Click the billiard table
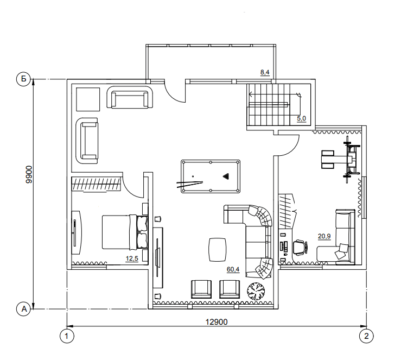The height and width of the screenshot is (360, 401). point(211,176)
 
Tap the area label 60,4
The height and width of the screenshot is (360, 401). point(233,269)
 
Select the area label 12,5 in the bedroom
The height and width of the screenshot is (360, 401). point(132,258)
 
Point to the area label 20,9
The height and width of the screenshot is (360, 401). point(324,236)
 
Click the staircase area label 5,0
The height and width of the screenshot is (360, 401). point(301,118)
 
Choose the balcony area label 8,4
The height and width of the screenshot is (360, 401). point(265,72)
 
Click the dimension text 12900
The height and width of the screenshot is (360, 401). point(217,321)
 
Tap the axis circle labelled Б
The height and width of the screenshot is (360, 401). point(23,79)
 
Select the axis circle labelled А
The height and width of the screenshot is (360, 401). point(23,309)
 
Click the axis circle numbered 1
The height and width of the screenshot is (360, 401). point(67,336)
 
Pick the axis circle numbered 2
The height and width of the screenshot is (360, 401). point(366,336)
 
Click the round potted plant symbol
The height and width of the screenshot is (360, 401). point(256,291)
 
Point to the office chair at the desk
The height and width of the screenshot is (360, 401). point(300,247)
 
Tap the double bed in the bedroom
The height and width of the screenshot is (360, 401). point(125,232)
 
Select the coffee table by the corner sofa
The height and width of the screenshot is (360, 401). point(218,249)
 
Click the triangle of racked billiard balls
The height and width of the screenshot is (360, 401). point(226,176)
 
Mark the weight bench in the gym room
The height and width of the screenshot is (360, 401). point(341,160)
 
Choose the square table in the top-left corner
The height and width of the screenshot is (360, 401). point(88,99)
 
